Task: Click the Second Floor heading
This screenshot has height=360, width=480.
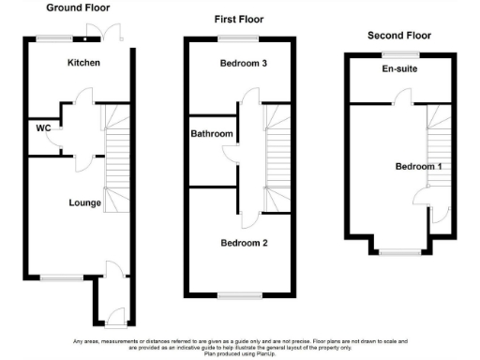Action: [x=398, y=36]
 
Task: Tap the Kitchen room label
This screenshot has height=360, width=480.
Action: [x=83, y=63]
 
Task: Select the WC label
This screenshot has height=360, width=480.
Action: [x=42, y=127]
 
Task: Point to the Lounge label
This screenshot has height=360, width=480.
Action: [x=84, y=202]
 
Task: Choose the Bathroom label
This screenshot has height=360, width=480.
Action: [x=212, y=134]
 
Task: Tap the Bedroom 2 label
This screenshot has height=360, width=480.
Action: [x=244, y=243]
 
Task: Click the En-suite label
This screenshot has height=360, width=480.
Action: [x=399, y=69]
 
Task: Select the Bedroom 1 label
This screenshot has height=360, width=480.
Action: [x=416, y=166]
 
